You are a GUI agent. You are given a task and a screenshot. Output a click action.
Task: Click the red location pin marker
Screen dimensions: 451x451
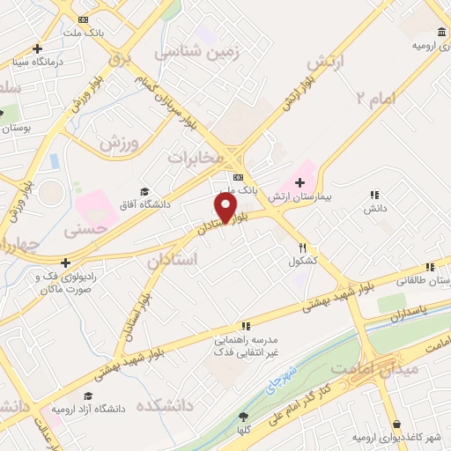pyautogui.click(x=226, y=208)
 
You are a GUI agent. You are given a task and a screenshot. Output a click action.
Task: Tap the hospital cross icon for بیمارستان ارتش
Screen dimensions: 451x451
pyautogui.click(x=299, y=181)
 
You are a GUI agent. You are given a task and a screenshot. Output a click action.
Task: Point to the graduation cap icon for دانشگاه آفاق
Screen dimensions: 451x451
pyautogui.click(x=144, y=191)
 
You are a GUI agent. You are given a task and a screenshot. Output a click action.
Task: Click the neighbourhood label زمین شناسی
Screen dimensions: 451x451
pyautogui.click(x=196, y=53)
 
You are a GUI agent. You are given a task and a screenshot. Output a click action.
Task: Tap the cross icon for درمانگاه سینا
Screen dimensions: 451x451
pyautogui.click(x=37, y=49)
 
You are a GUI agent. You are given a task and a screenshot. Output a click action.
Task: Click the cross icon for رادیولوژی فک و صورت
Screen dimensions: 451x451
pyautogui.click(x=65, y=262)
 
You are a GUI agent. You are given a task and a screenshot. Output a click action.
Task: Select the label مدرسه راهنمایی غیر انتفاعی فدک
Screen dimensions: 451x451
pyautogui.click(x=247, y=345)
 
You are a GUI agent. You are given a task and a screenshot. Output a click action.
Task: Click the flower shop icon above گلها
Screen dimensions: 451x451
pyautogui.click(x=243, y=417)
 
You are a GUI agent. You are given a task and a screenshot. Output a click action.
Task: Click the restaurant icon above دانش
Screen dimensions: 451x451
pyautogui.click(x=374, y=195)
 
